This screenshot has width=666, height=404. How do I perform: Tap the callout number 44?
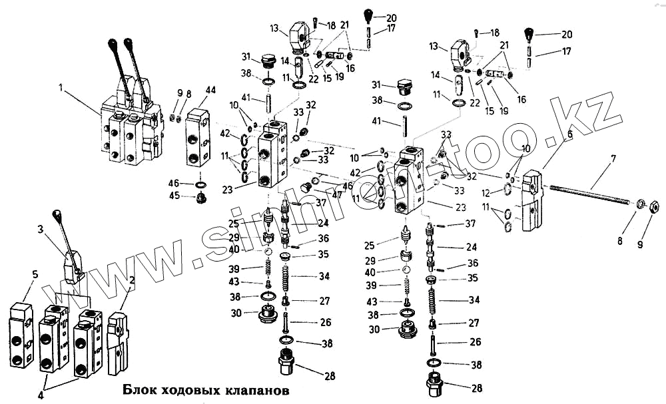click(210, 89)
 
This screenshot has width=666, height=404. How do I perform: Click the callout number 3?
click(41, 229)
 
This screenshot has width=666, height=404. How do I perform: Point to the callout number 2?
click(132, 280)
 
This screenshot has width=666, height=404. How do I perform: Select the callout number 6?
click(569, 134)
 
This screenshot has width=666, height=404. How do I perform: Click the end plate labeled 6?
click(533, 200)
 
